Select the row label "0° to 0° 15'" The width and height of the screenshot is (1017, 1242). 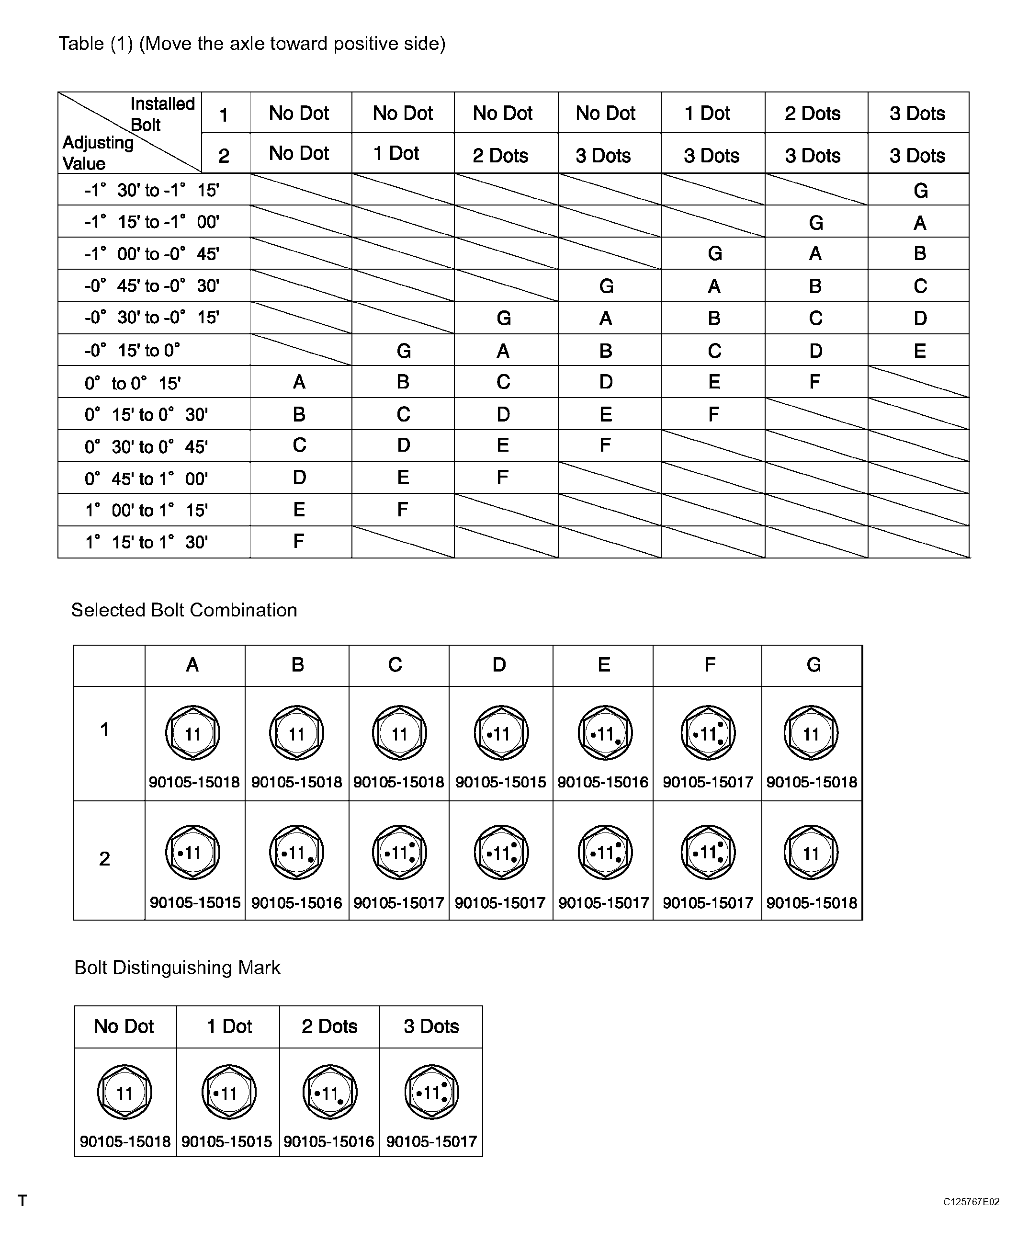(133, 383)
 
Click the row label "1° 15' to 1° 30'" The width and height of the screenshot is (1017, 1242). (147, 542)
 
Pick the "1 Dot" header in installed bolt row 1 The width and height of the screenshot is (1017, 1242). (707, 113)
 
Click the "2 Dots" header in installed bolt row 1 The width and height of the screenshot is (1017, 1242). (813, 113)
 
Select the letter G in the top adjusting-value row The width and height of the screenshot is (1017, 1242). (920, 191)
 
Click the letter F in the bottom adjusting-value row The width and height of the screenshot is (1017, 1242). (299, 541)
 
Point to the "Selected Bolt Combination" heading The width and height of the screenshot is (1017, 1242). (184, 610)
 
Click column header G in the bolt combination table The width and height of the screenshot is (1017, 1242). (813, 665)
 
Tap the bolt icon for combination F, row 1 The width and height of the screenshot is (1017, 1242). (708, 733)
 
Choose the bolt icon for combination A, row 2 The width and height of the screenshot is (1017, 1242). (193, 853)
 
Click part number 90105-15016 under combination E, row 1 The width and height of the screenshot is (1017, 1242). (603, 782)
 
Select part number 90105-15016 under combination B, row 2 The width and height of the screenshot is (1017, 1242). (296, 902)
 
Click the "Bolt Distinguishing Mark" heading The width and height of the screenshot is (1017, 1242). (177, 967)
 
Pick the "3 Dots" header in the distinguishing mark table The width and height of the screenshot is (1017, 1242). (431, 1026)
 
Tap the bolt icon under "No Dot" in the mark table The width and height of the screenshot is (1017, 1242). (125, 1093)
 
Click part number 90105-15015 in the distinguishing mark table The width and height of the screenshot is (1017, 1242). (226, 1141)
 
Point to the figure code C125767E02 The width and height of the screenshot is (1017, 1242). (971, 1202)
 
